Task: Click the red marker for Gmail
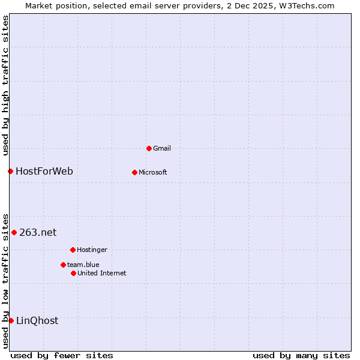coord(149,148)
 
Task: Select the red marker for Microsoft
coord(134,172)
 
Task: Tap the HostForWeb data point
coord(10,171)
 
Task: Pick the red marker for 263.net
coord(14,232)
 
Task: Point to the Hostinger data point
coord(73,250)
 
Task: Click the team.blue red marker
coord(63,265)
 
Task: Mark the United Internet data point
coord(73,273)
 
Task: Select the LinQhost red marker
coord(11,320)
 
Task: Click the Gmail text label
coord(162,148)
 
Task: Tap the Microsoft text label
coord(153,172)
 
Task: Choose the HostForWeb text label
coord(44,171)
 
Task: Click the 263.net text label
coord(38,232)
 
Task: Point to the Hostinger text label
coord(92,250)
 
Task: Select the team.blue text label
coord(83,265)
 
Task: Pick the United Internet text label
coord(102,273)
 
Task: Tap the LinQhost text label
coord(37,320)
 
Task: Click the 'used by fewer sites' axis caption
coord(62,355)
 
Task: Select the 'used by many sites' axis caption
coord(301,355)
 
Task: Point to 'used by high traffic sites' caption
coord(5,85)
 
